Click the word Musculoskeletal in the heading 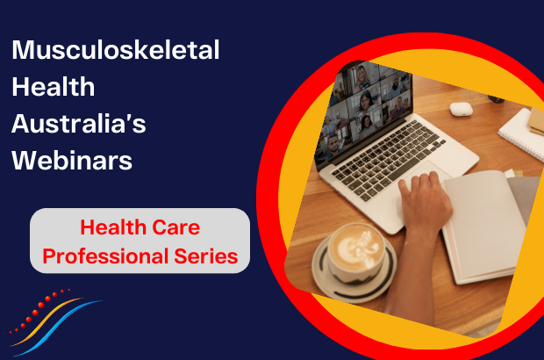tap(116, 50)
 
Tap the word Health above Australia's tap(53, 87)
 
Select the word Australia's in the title tap(78, 124)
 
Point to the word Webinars tap(72, 161)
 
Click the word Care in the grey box tap(175, 227)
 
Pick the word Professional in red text tap(105, 256)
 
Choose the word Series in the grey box tap(206, 256)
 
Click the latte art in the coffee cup tap(356, 248)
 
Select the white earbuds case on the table tap(462, 109)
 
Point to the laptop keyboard tap(386, 157)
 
